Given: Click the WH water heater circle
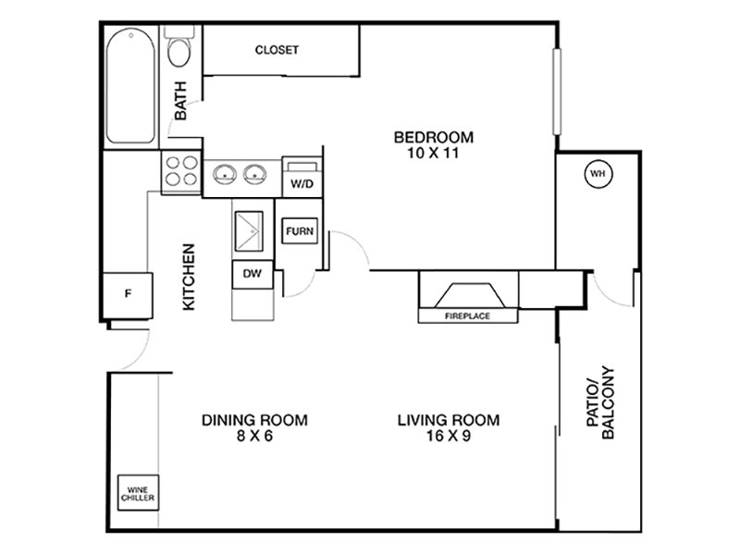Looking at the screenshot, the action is (598, 174).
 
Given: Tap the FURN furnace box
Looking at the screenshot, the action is (300, 230).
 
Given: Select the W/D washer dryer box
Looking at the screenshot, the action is (302, 177).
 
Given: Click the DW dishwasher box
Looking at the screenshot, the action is (253, 274).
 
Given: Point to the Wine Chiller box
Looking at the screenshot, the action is (138, 493).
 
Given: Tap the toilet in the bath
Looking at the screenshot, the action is (179, 46).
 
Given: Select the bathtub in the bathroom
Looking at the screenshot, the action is (130, 85).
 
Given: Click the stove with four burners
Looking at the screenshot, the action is (181, 172).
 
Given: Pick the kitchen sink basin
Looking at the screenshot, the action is (249, 231).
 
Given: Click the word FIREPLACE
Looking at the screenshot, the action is (467, 316).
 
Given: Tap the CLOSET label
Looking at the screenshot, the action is (277, 50).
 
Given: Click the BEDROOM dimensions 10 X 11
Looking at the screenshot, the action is (433, 153).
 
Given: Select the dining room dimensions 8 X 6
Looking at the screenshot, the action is (255, 436).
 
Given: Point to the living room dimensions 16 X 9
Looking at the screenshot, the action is (449, 436).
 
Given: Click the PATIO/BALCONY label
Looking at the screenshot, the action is (600, 402).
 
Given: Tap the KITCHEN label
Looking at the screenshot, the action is (189, 277).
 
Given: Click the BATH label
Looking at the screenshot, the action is (180, 101).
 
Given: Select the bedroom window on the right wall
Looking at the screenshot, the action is (558, 92).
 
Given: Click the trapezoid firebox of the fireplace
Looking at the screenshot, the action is (470, 296).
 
